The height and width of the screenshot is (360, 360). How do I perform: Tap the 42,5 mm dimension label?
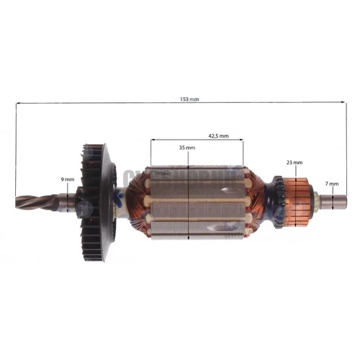(x=217, y=135)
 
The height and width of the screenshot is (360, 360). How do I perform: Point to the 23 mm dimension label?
(x=294, y=163)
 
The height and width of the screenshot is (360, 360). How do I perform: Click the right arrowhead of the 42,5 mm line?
(x=243, y=141)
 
